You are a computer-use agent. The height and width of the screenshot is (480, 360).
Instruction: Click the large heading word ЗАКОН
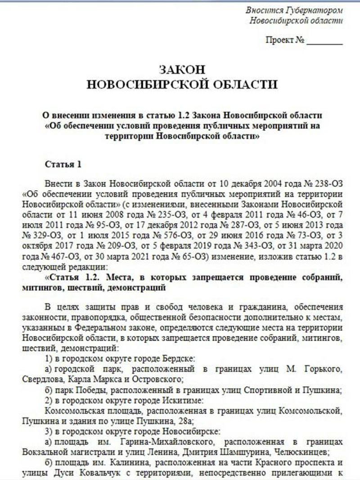(x=182, y=69)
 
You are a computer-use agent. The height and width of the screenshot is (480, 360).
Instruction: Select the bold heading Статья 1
(x=63, y=164)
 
